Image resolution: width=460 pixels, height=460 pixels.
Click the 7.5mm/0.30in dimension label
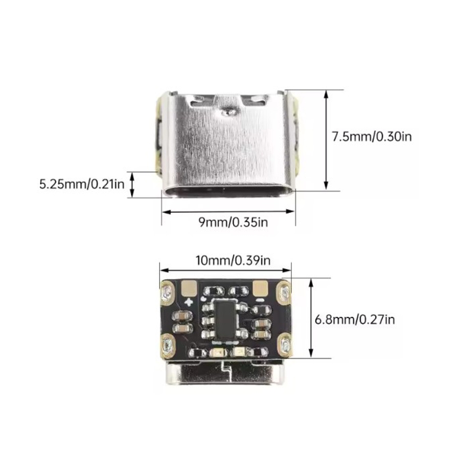[x=372, y=136]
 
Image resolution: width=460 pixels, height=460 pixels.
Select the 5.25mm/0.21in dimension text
[x=82, y=185]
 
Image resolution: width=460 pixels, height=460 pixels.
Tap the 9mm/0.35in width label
[x=233, y=222]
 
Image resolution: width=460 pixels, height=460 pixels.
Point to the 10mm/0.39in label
[x=233, y=260]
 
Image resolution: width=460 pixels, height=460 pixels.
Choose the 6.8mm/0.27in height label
[x=355, y=319]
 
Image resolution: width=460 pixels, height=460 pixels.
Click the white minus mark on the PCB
[x=260, y=300]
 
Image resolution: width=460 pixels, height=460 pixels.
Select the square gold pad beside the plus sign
[x=189, y=288]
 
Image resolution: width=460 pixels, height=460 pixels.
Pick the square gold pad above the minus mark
[x=260, y=288]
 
